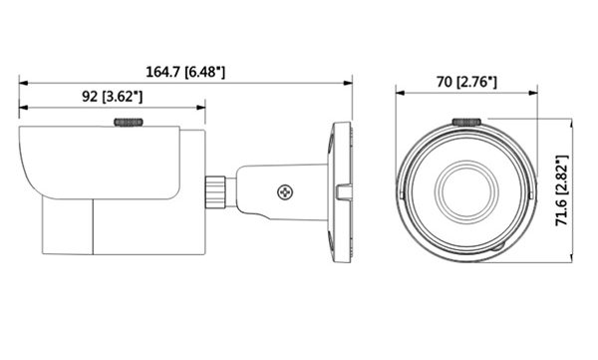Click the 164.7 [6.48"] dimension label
pyautogui.click(x=185, y=72)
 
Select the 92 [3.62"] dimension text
pyautogui.click(x=112, y=97)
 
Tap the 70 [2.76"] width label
pyautogui.click(x=466, y=82)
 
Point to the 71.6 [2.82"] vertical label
pyautogui.click(x=562, y=190)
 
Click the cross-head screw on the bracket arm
pyautogui.click(x=285, y=192)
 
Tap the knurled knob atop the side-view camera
pyautogui.click(x=129, y=123)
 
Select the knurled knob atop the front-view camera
pyautogui.click(x=466, y=122)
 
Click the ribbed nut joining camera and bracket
pyautogui.click(x=215, y=191)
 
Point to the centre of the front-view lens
pyautogui.click(x=466, y=190)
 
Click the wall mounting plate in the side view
pyautogui.click(x=342, y=192)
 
